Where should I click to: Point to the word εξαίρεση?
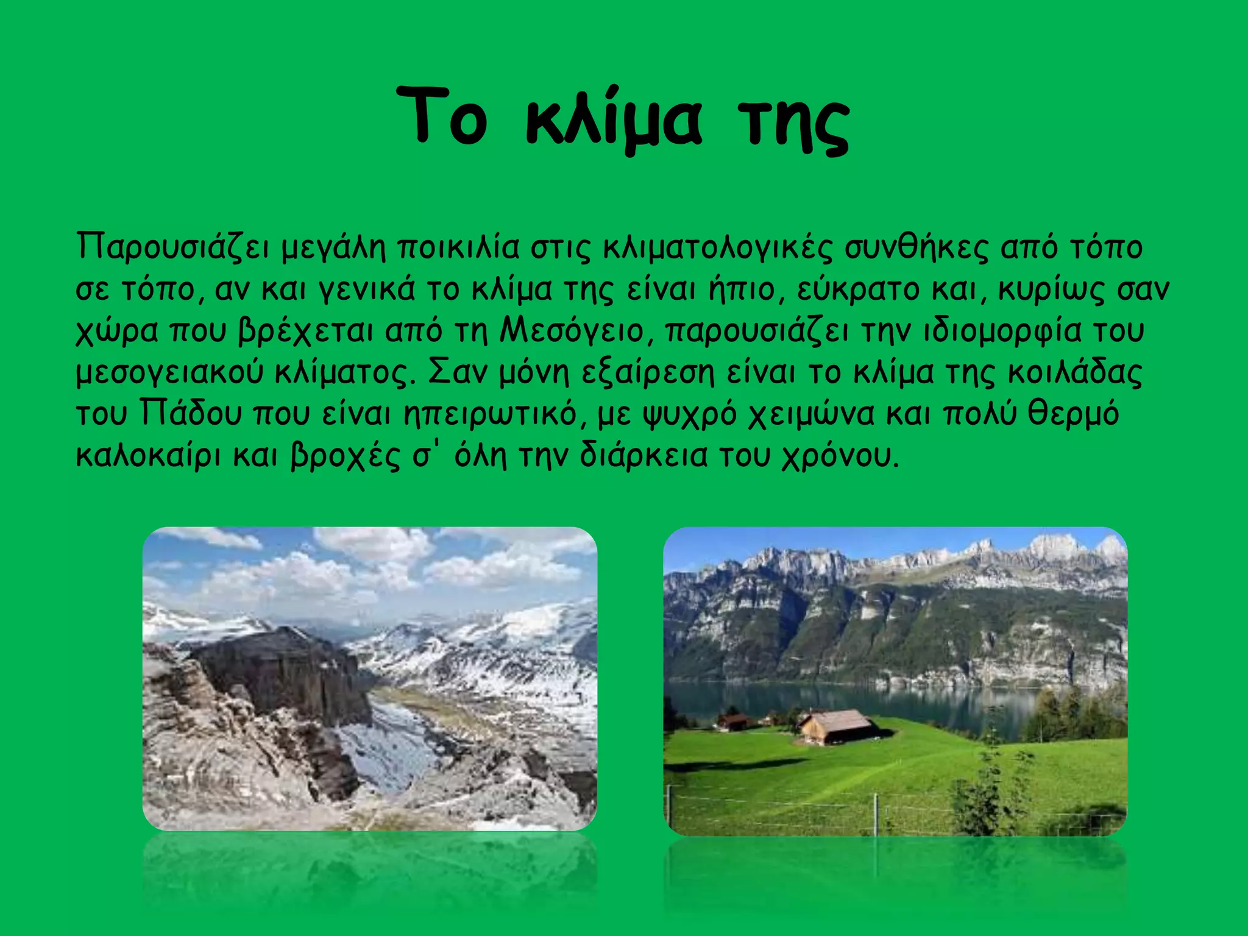coord(647,374)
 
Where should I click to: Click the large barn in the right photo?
coord(837,726)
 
